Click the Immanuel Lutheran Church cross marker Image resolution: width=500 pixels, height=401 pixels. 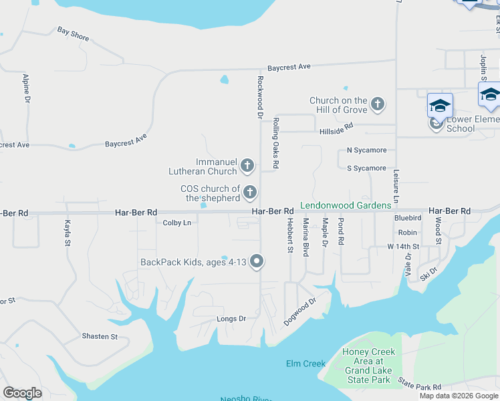coord(247,166)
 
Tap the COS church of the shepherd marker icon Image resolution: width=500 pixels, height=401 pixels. coord(250,193)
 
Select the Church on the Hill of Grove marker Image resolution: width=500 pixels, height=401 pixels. coord(378,104)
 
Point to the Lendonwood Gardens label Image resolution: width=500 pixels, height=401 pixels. coord(345,205)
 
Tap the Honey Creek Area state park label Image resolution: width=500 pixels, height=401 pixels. coord(368,366)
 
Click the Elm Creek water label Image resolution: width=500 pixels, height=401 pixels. coord(305,364)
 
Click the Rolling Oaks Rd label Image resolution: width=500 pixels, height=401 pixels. coord(275,143)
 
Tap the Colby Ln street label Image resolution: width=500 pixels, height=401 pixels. coord(177,223)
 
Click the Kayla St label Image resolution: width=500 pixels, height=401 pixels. coord(67,233)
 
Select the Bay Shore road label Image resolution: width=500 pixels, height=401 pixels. coord(73,34)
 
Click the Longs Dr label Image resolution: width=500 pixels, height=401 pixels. coord(231,319)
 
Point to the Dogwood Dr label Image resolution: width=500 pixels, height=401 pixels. coord(299,312)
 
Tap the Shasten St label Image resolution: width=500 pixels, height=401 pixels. coord(100,336)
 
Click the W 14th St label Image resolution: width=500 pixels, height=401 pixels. coord(403,247)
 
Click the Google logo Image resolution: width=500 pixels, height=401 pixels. coord(22,393)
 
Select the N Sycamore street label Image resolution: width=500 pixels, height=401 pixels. coord(366,151)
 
